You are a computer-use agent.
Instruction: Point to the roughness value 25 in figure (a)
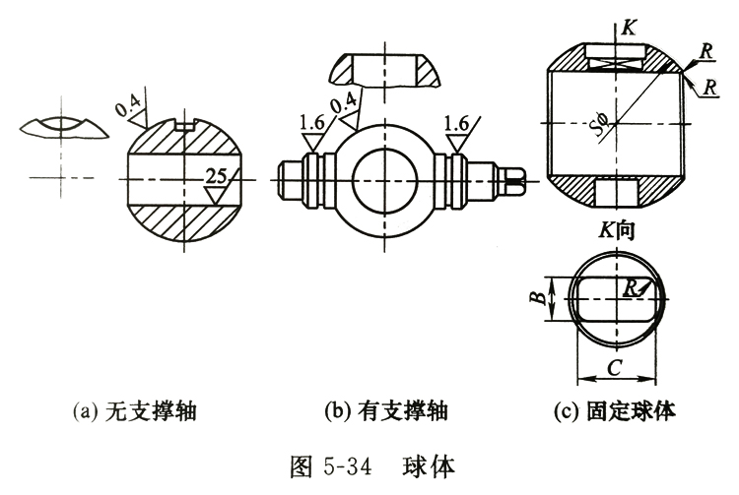219,176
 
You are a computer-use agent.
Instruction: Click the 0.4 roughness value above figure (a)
129,105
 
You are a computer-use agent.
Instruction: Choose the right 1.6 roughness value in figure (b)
457,124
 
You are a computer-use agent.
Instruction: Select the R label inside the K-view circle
631,286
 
